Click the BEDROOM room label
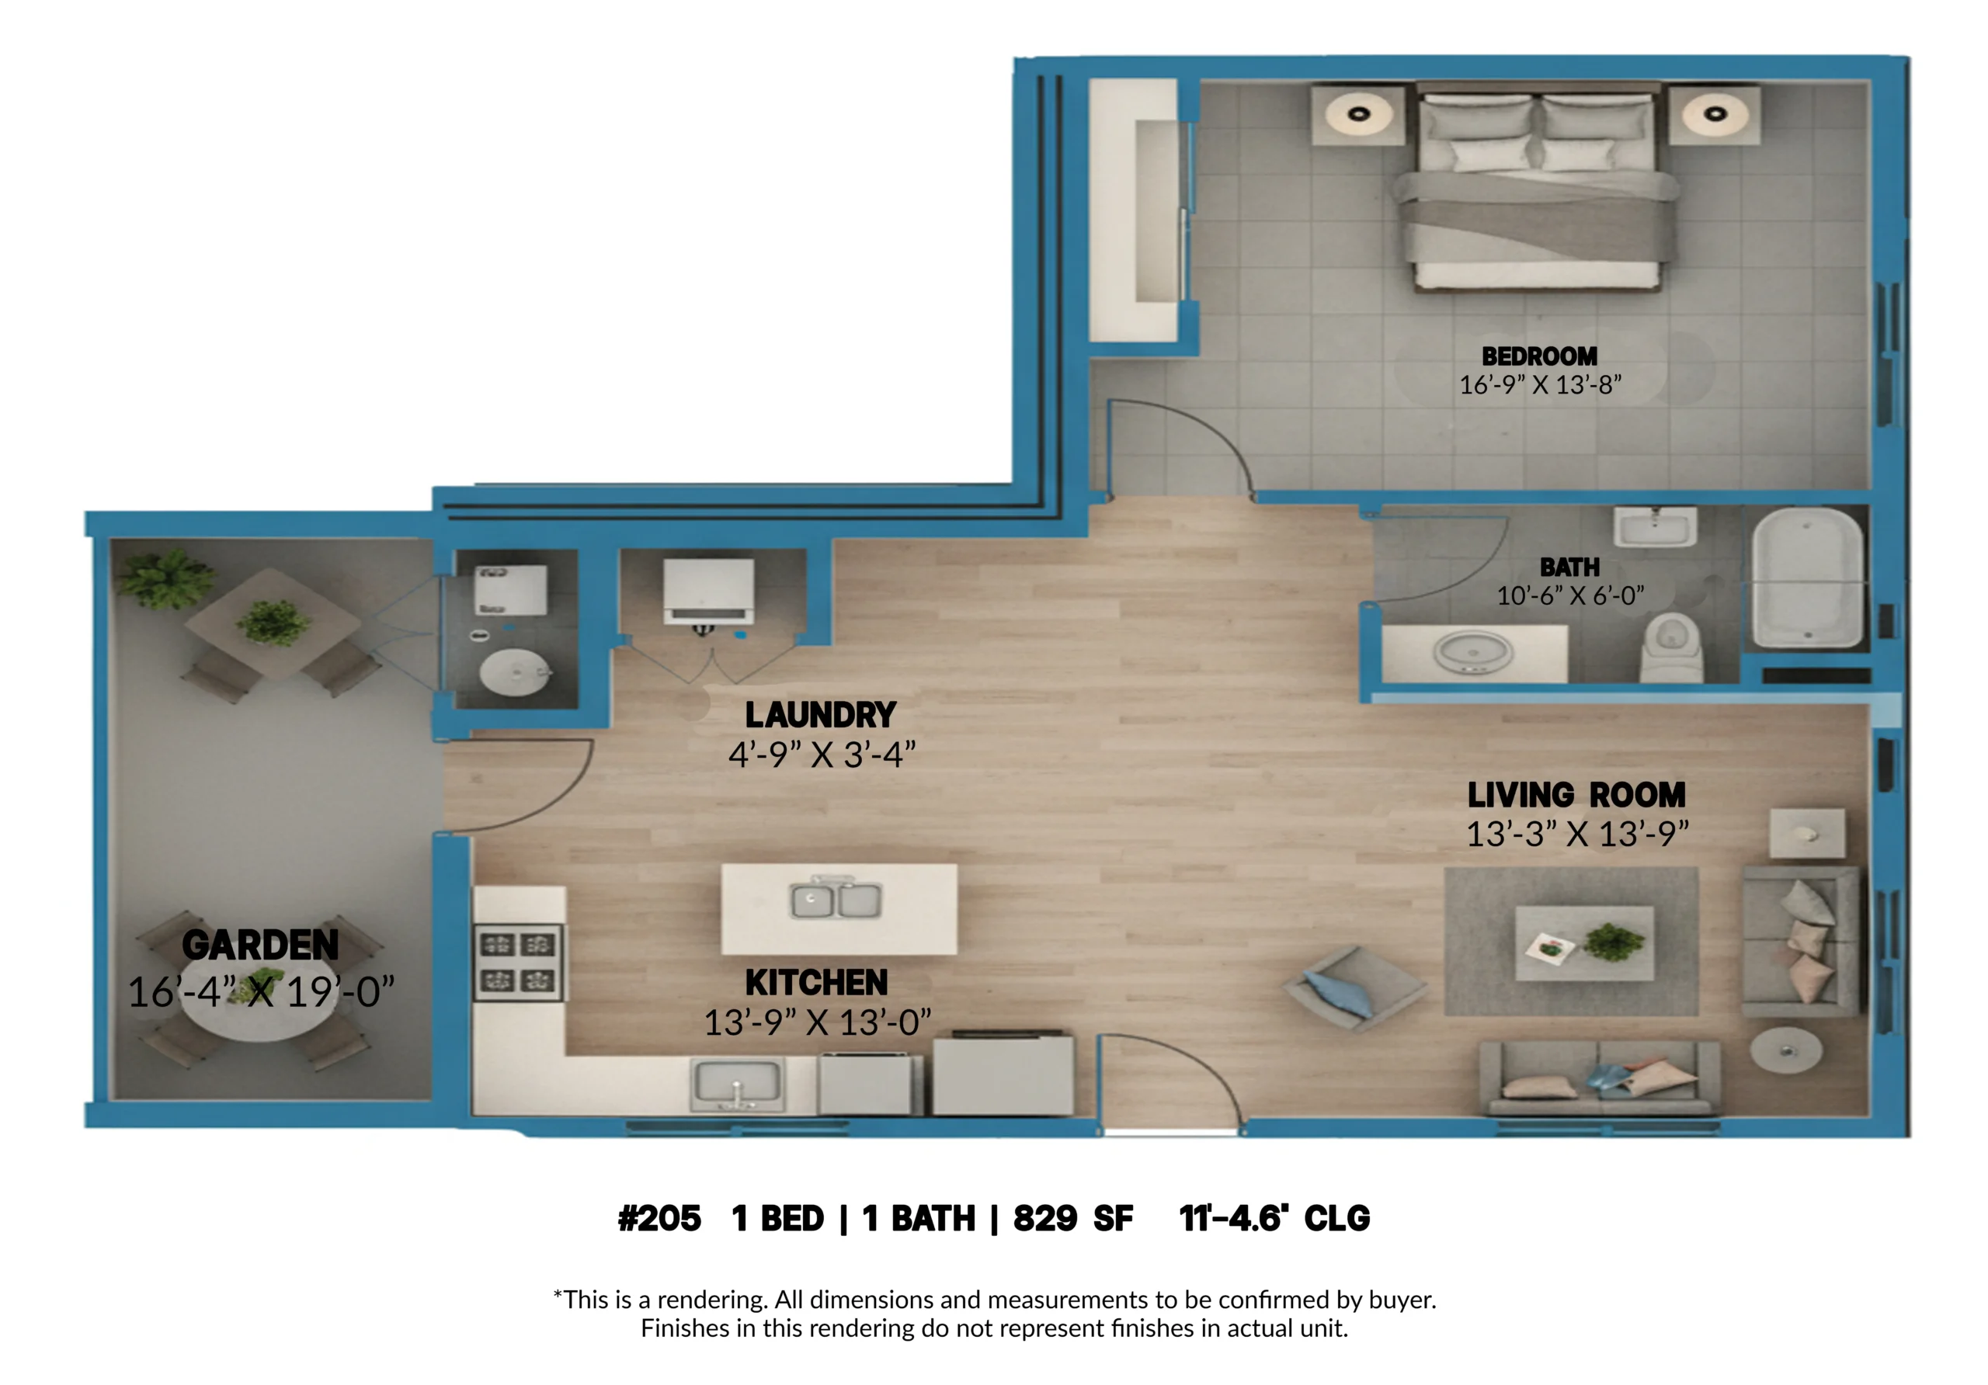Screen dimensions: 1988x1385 point(1539,356)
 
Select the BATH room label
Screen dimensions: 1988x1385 point(1569,568)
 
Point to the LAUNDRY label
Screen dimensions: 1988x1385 point(820,715)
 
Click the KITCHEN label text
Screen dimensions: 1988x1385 point(816,983)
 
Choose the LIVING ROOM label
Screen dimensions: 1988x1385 point(1576,795)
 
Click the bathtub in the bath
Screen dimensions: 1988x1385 point(1808,578)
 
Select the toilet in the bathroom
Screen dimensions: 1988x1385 point(1672,647)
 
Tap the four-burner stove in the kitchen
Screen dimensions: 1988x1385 point(518,963)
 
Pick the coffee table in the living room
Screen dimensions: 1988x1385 point(1584,943)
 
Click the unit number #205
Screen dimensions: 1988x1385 point(659,1219)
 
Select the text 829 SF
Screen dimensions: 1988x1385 point(1072,1219)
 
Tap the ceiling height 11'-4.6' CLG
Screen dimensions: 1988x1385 point(1274,1219)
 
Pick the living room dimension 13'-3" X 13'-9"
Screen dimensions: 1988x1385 point(1577,835)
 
